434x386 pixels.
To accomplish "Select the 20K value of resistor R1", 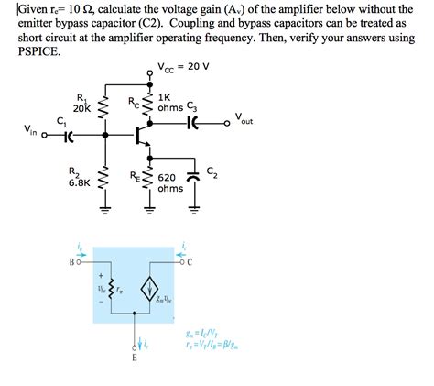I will click(x=80, y=107).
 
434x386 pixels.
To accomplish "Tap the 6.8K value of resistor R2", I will click(x=79, y=182).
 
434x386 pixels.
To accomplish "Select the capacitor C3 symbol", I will click(x=192, y=123).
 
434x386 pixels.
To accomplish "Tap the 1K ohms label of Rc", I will click(x=170, y=102).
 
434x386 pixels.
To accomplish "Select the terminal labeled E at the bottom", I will click(x=134, y=358).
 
